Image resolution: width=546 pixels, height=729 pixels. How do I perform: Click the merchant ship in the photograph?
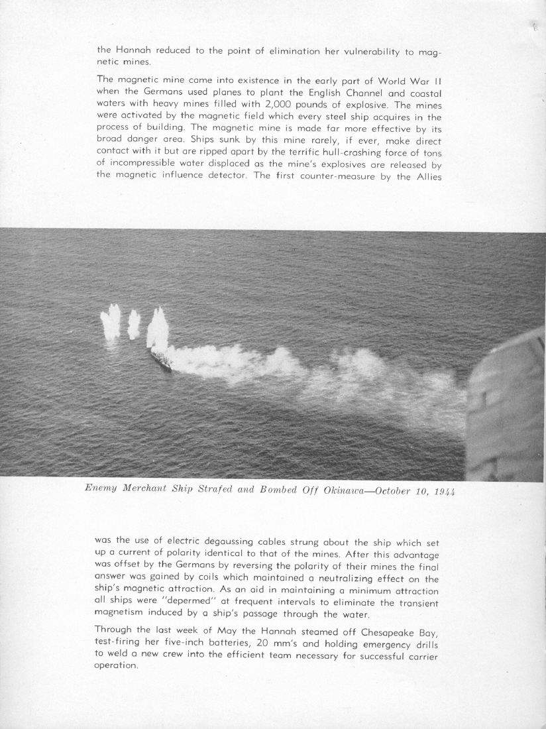click(x=161, y=359)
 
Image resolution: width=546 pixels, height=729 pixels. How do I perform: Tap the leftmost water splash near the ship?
click(x=111, y=321)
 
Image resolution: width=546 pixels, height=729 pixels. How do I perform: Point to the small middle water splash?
click(x=134, y=324)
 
